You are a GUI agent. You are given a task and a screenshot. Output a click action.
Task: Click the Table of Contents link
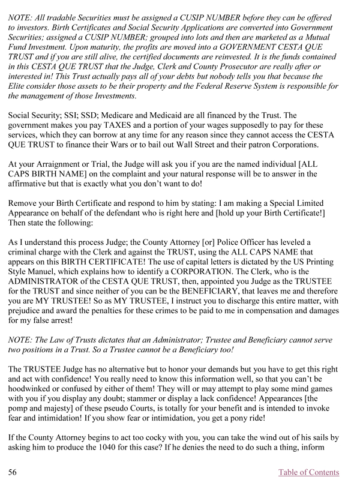coord(309,472)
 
